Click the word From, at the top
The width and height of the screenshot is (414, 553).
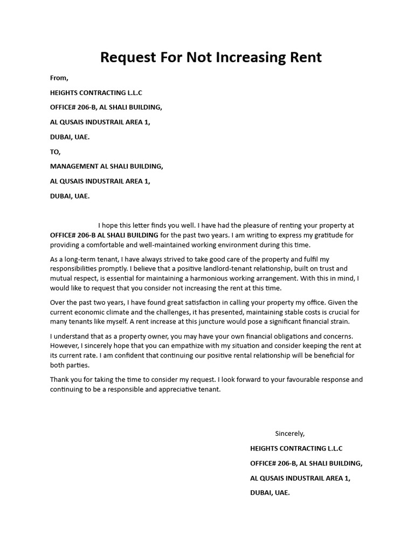point(59,78)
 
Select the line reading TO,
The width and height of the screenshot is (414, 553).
point(56,152)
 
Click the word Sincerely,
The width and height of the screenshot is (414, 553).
point(290,433)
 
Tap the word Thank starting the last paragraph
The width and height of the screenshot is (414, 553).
point(60,379)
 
